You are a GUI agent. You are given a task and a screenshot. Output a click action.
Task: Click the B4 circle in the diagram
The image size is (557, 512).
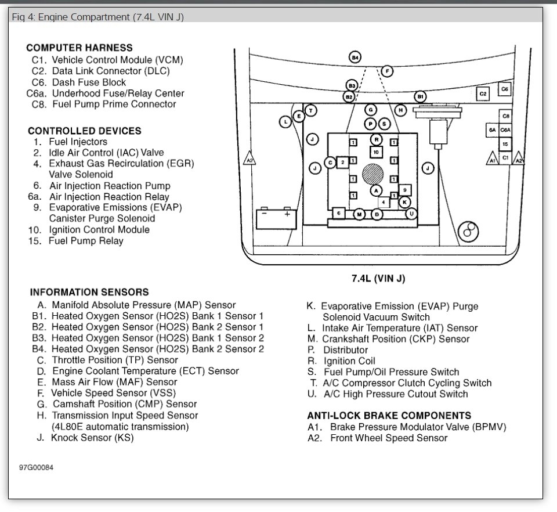pyautogui.click(x=355, y=57)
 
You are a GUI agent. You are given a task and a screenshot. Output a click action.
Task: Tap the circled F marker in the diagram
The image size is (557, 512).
pyautogui.click(x=387, y=71)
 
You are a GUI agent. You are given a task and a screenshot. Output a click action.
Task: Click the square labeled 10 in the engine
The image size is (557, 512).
pyautogui.click(x=376, y=152)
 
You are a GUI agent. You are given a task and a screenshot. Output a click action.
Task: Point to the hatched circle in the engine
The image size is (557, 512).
pyautogui.click(x=372, y=174)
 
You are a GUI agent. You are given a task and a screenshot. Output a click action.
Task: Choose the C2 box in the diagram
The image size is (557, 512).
pyautogui.click(x=483, y=93)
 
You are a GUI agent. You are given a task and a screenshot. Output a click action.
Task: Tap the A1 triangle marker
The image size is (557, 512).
pyautogui.click(x=492, y=158)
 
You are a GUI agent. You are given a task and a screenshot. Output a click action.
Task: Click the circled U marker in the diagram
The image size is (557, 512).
pyautogui.click(x=411, y=214)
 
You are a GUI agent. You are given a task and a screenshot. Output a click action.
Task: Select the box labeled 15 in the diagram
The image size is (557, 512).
pyautogui.click(x=505, y=144)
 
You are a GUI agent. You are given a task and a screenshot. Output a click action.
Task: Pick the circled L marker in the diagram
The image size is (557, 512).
pyautogui.click(x=285, y=121)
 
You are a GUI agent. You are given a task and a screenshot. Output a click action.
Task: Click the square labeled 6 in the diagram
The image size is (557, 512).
pyautogui.click(x=338, y=214)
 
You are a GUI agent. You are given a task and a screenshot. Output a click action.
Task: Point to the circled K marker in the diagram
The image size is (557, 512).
pyautogui.click(x=405, y=201)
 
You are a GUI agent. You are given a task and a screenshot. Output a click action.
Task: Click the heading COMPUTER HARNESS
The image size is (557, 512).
pyautogui.click(x=79, y=48)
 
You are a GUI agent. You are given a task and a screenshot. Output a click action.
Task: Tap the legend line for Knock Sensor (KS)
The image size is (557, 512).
pyautogui.click(x=92, y=438)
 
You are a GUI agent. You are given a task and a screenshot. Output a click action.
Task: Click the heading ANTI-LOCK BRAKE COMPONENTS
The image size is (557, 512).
pyautogui.click(x=389, y=416)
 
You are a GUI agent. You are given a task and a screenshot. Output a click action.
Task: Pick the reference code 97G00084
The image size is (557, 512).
pyautogui.click(x=35, y=468)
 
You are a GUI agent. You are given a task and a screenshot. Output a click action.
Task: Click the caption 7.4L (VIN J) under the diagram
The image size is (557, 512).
pyautogui.click(x=378, y=279)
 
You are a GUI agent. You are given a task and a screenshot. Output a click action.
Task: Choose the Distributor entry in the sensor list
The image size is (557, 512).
pyautogui.click(x=345, y=350)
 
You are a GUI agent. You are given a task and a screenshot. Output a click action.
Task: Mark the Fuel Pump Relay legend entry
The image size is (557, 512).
pyautogui.click(x=86, y=241)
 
